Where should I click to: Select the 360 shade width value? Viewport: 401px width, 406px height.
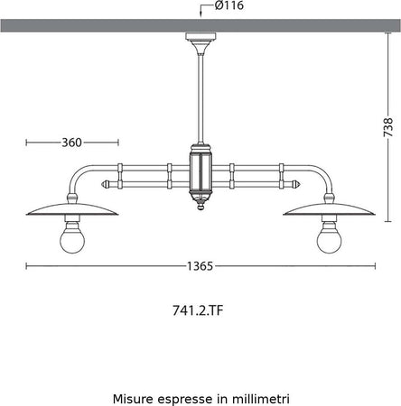click(x=72, y=142)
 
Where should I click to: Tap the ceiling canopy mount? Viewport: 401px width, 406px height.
click(x=200, y=40)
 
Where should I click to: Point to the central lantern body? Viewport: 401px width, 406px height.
click(x=200, y=171)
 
